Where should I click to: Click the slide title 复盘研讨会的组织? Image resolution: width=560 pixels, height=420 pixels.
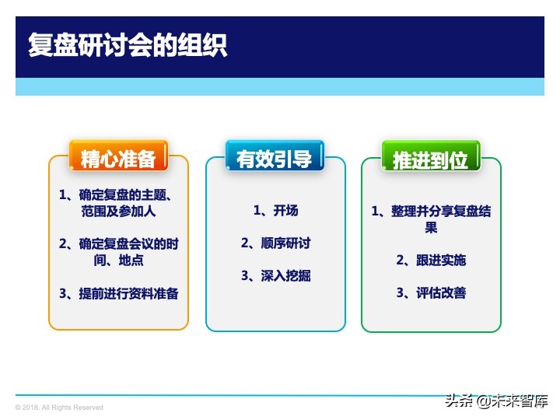[x=128, y=44]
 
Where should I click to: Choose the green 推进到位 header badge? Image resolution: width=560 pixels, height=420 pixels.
[x=430, y=160]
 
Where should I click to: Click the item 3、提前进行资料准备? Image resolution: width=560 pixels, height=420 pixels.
[x=119, y=293]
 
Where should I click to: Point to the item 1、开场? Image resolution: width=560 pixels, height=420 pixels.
[x=275, y=210]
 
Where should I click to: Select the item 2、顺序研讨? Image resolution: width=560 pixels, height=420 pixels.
[x=275, y=243]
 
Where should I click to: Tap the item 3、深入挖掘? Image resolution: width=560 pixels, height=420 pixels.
[x=275, y=275]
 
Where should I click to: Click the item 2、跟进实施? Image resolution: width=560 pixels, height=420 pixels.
[x=431, y=260]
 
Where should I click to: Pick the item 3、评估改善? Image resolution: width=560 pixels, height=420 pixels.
[x=431, y=292]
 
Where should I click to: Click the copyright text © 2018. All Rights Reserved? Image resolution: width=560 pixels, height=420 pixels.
[x=59, y=408]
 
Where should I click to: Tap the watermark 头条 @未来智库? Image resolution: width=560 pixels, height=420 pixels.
[x=495, y=401]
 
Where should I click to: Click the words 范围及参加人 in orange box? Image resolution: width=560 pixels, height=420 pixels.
[x=119, y=211]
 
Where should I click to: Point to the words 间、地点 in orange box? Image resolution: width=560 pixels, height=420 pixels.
[x=119, y=260]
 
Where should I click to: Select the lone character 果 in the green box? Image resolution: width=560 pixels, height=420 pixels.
[x=431, y=227]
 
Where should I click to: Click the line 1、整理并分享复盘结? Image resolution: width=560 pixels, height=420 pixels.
[x=431, y=212]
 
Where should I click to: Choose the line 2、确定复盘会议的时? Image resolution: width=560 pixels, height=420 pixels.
[x=119, y=243]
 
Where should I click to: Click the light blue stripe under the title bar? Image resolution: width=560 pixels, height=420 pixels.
[x=280, y=86]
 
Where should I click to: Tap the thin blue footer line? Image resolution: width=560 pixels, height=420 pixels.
[x=233, y=395]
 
